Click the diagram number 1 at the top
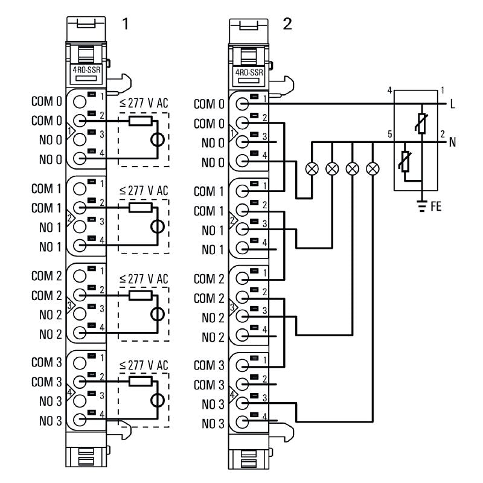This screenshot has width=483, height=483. coord(125,25)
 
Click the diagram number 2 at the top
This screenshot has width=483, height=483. coord(287,25)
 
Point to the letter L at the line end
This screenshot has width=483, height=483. coord(452,104)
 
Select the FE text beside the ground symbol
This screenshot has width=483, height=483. coord(436,206)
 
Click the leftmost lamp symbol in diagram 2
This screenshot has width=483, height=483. coord(312,168)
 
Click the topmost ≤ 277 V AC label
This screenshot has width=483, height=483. coord(144,103)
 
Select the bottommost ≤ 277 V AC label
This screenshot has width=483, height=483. coord(144,365)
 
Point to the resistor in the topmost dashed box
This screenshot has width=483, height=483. coord(141,121)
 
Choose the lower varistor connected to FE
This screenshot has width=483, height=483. coord(406,162)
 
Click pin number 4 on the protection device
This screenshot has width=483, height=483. coord(390,91)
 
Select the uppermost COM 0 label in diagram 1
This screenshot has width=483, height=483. coord(47,102)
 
